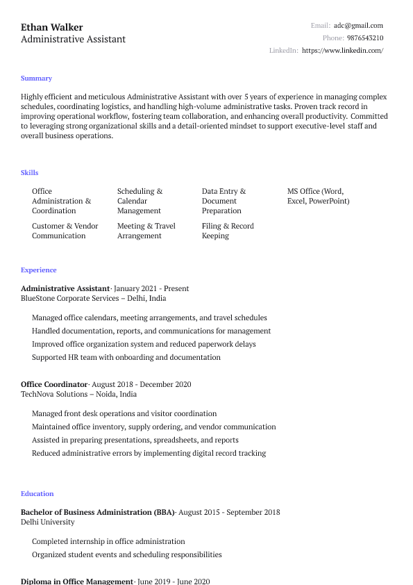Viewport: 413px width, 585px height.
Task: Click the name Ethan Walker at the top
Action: click(52, 27)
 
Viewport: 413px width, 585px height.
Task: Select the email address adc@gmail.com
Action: click(358, 25)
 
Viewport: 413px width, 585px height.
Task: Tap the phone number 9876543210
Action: click(365, 38)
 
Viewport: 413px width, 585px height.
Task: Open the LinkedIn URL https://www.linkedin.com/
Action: click(343, 50)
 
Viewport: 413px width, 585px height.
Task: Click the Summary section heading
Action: click(36, 79)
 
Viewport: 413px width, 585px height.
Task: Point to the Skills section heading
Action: click(30, 172)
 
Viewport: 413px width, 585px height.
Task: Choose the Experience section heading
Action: click(39, 270)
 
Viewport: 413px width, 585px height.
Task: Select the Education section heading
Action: click(37, 493)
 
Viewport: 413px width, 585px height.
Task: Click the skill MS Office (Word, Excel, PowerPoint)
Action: click(318, 196)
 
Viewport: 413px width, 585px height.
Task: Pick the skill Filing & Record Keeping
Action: click(228, 231)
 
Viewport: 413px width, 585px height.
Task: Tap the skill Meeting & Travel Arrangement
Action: click(146, 231)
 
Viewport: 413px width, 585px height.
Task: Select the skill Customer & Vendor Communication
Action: click(65, 231)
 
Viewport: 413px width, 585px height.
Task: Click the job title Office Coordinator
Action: click(54, 384)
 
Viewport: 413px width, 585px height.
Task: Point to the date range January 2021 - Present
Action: click(151, 288)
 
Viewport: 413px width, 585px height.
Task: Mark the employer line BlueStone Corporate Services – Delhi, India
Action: click(94, 298)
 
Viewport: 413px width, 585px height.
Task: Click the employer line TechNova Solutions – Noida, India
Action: click(78, 394)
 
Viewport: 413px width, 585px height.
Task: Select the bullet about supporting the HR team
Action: click(126, 357)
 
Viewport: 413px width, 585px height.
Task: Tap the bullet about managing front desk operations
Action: click(124, 413)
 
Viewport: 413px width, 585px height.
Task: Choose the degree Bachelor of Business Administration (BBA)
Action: click(97, 512)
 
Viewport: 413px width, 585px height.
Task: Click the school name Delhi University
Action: click(48, 522)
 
